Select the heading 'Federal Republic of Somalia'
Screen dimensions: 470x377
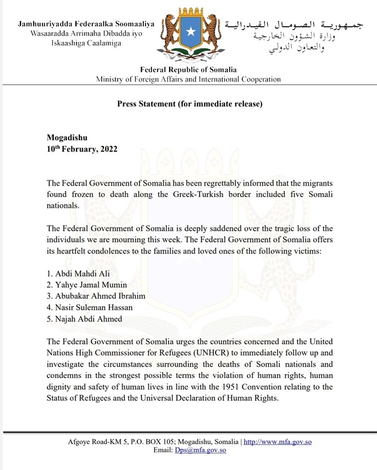click(x=188, y=70)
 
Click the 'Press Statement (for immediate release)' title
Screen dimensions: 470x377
click(x=190, y=104)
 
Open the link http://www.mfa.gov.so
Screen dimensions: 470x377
click(x=278, y=441)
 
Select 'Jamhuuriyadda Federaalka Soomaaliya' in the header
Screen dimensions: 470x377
click(x=86, y=24)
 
